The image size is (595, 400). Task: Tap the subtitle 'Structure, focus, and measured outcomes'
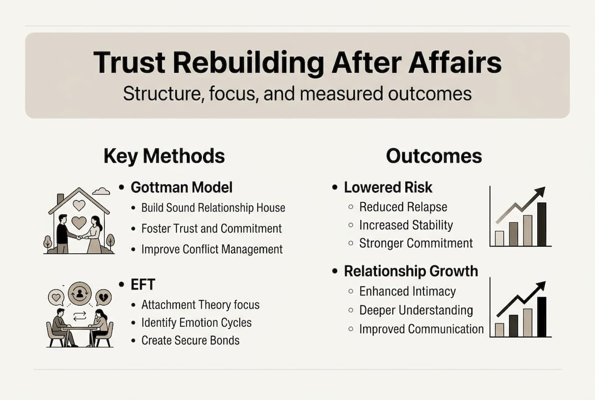coord(297,93)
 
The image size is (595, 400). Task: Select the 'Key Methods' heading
coord(164,156)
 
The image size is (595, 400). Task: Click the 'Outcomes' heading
coord(434,156)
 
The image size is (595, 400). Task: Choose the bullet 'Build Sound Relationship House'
coord(213,208)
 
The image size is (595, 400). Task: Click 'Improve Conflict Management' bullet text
coord(212,249)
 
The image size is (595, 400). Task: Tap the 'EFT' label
coord(143,284)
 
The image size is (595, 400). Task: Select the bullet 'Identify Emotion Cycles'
coord(196,322)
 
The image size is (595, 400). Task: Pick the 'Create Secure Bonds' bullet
coord(190,340)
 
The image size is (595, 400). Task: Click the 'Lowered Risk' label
coord(388,187)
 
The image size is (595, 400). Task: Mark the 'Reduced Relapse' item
coord(403,207)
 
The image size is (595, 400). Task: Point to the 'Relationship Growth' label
coord(410,271)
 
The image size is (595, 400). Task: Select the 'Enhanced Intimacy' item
coord(407,291)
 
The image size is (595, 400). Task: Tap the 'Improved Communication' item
coord(421,329)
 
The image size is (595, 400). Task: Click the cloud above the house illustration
coord(101,191)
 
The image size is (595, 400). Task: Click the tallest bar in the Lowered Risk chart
coord(542,224)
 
